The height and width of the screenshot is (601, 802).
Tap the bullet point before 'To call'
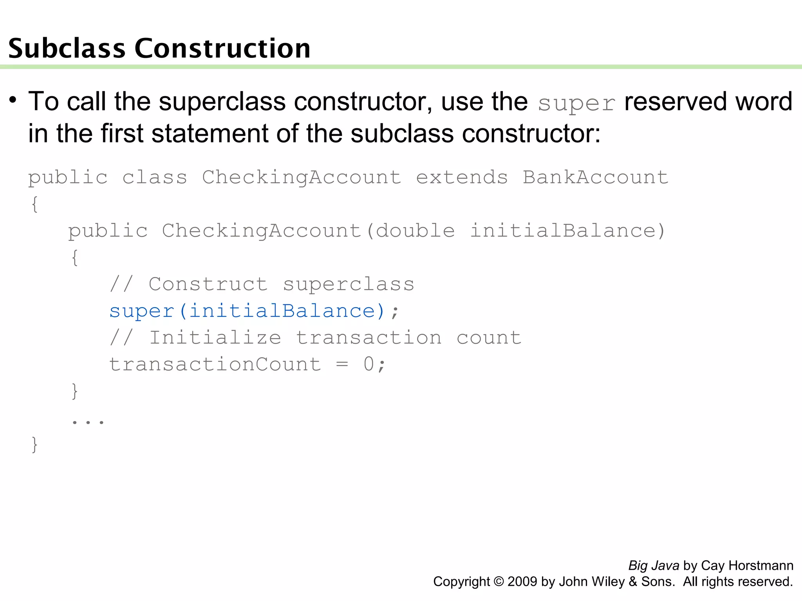(13, 100)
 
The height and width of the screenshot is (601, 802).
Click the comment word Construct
(208, 284)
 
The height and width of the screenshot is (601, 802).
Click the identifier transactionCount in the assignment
(215, 364)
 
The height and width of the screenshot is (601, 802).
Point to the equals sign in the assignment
(342, 364)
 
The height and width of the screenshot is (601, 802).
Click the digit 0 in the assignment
(368, 364)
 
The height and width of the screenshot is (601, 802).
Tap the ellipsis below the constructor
(88, 421)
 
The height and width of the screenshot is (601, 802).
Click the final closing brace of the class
(34, 444)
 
